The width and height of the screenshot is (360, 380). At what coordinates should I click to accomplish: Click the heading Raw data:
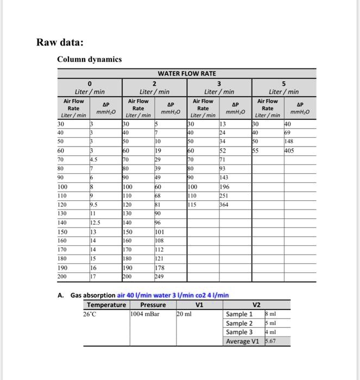point(60,42)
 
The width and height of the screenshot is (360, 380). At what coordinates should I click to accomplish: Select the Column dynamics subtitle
point(90,59)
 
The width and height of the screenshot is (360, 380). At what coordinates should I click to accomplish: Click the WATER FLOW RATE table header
point(186,73)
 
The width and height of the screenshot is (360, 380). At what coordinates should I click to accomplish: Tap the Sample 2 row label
point(239,324)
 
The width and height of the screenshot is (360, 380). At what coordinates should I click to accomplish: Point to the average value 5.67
point(270,341)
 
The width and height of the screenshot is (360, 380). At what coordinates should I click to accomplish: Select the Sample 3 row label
point(239,332)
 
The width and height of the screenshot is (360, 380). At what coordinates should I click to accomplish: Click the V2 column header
point(257,305)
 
